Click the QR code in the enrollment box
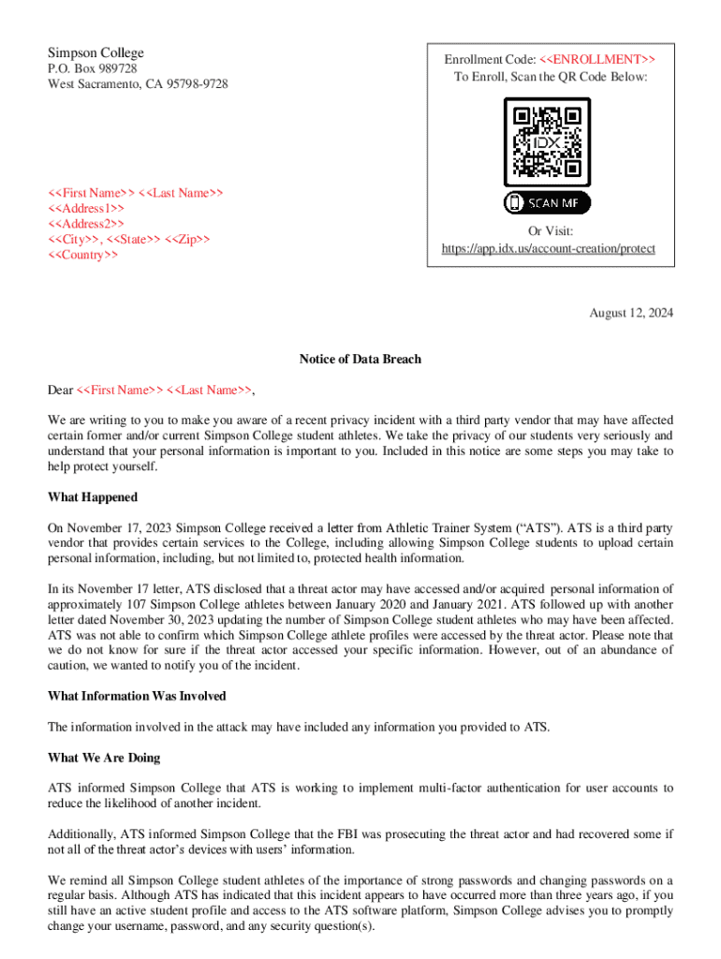click(x=548, y=142)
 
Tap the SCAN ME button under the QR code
click(x=548, y=202)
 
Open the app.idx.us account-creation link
click(x=548, y=249)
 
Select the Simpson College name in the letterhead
click(x=96, y=52)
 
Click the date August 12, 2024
click(x=630, y=313)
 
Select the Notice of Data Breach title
click(x=360, y=360)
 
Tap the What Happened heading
click(x=93, y=497)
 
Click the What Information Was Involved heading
click(x=137, y=696)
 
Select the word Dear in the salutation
click(x=60, y=391)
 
